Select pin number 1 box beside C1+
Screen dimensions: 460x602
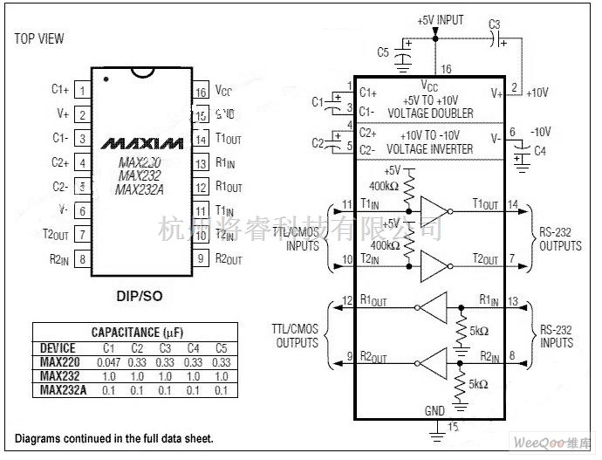[x=82, y=90]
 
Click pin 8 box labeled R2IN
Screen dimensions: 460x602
[x=82, y=258]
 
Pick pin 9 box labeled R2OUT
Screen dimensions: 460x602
[x=200, y=258]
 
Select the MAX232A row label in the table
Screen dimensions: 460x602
[x=63, y=389]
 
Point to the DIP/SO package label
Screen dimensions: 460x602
[x=140, y=297]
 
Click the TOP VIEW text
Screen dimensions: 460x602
[x=39, y=39]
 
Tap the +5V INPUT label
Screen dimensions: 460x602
[x=441, y=20]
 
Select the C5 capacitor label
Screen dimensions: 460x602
[x=383, y=52]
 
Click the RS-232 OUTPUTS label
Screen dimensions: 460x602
[x=559, y=240]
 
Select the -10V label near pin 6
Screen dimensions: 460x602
[x=544, y=132]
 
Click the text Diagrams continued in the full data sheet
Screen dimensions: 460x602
[x=113, y=438]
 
